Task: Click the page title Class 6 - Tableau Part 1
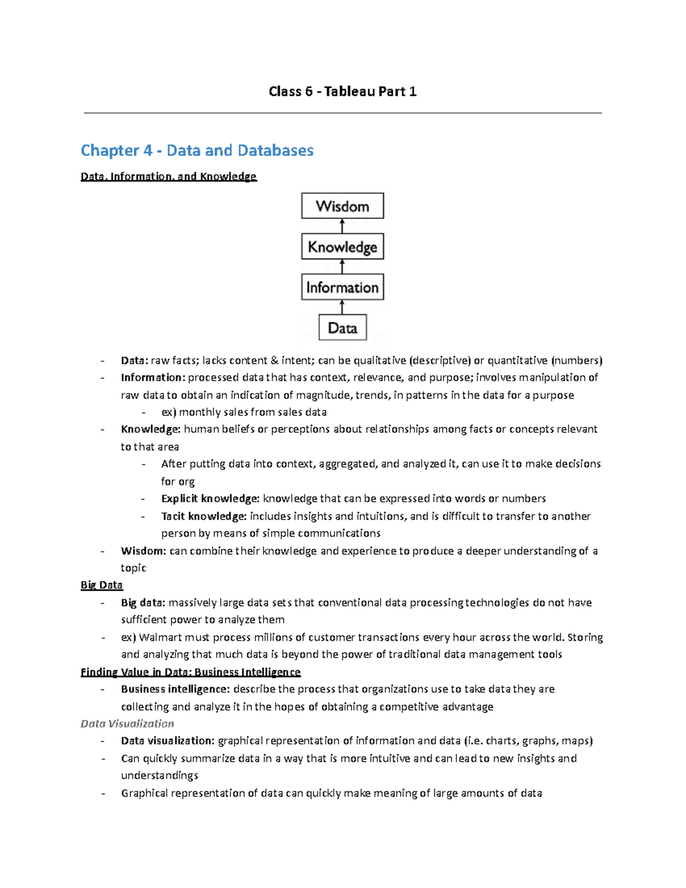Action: pyautogui.click(x=342, y=91)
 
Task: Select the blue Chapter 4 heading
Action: pyautogui.click(x=197, y=150)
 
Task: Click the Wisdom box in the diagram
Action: pyautogui.click(x=342, y=206)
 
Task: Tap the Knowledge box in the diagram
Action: pyautogui.click(x=342, y=247)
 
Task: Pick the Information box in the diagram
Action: pyautogui.click(x=342, y=287)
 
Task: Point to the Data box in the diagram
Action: pyautogui.click(x=342, y=328)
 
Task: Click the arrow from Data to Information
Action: pyautogui.click(x=342, y=308)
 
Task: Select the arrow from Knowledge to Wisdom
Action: pyautogui.click(x=342, y=226)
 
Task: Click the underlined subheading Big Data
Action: pyautogui.click(x=102, y=585)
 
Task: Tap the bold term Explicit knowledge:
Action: pyautogui.click(x=210, y=499)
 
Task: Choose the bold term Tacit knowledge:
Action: pyautogui.click(x=204, y=516)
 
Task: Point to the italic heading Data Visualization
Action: pyautogui.click(x=127, y=724)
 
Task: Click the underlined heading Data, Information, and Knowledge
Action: pyautogui.click(x=169, y=177)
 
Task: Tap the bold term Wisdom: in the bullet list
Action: pyautogui.click(x=143, y=551)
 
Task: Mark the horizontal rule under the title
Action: pyautogui.click(x=342, y=113)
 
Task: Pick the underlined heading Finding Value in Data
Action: pyautogui.click(x=190, y=672)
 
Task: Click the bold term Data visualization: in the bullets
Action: pyautogui.click(x=167, y=741)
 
